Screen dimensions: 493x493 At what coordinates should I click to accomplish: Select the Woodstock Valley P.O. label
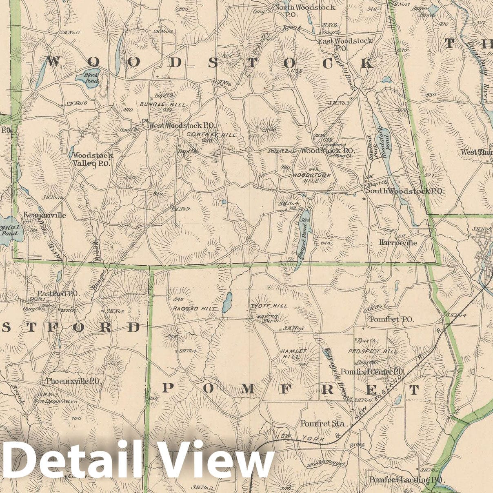tap(93, 160)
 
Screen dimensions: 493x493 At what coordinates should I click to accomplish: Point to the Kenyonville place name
tap(44, 215)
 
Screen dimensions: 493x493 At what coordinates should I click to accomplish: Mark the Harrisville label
tap(398, 242)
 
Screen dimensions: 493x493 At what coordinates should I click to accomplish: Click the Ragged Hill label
tap(194, 309)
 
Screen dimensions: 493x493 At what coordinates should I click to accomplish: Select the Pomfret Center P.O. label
tap(372, 372)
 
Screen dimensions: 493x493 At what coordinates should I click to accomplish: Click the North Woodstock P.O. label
tap(304, 10)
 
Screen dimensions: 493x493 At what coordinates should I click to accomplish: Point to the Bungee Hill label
tap(162, 105)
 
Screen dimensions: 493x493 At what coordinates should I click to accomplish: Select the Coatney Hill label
tap(211, 134)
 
